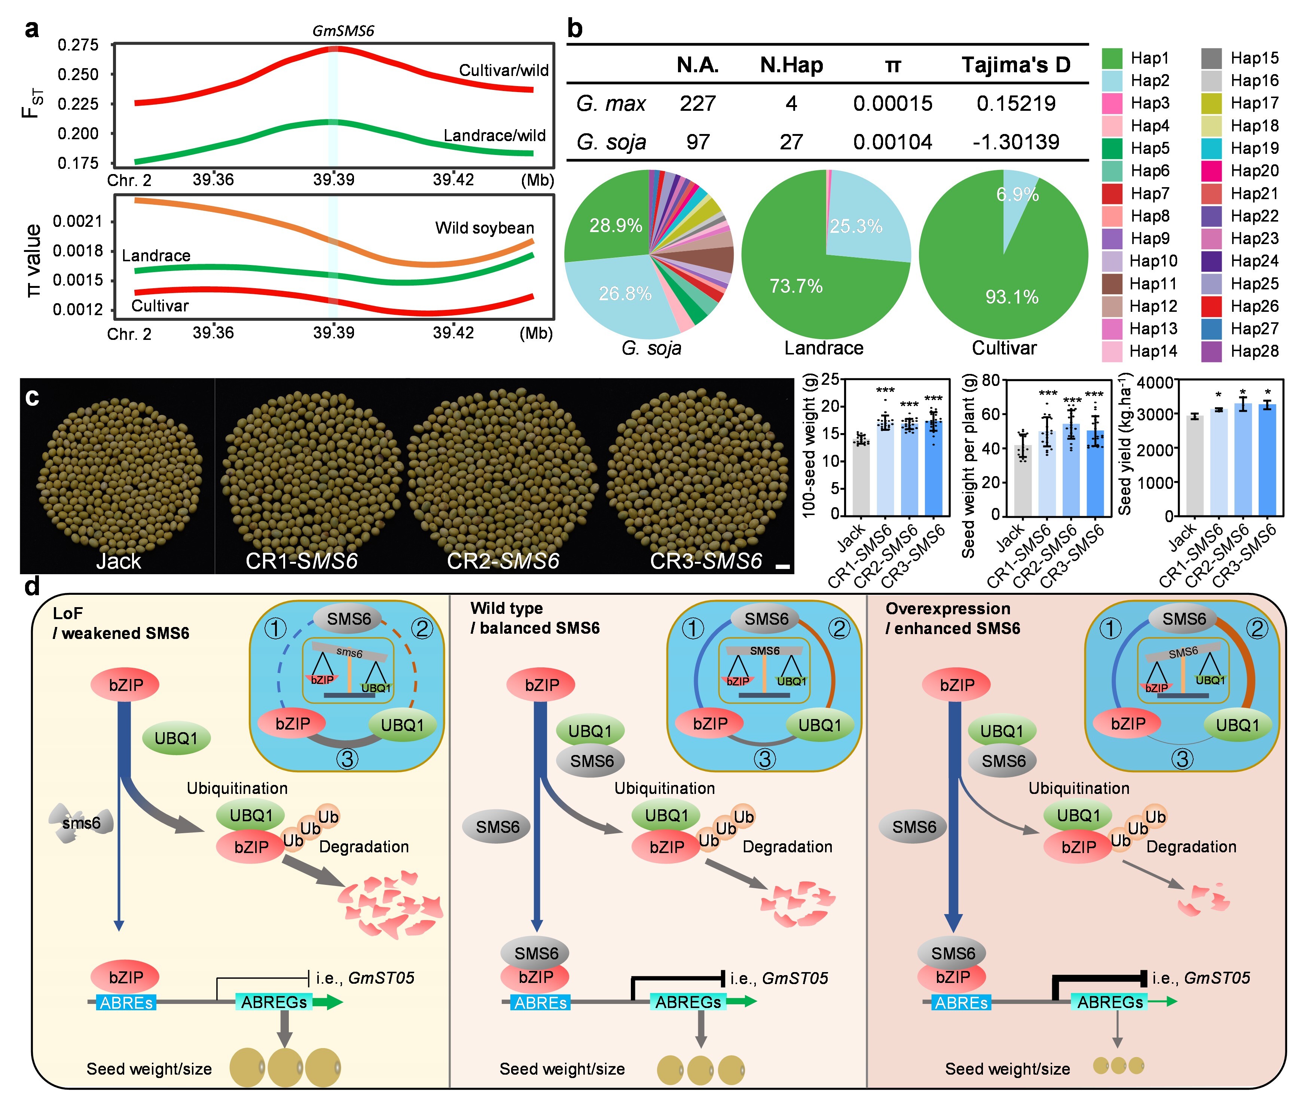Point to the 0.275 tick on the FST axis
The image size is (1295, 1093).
pos(78,45)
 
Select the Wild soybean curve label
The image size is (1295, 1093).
pos(484,228)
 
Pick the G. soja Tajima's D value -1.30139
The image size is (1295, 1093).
pos(1016,142)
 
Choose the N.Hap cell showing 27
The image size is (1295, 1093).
pos(791,142)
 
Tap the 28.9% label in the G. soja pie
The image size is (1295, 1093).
pos(615,226)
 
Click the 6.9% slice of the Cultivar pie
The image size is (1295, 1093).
pos(1017,195)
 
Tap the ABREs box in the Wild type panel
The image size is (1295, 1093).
pos(541,1002)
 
